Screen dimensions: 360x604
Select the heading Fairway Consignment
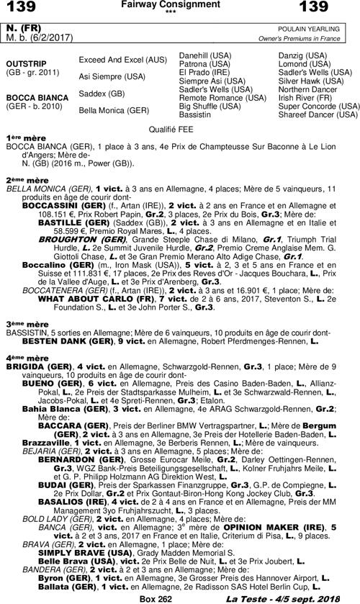point(180,5)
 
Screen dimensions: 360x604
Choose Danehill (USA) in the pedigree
point(204,55)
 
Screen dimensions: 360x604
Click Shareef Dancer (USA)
point(318,114)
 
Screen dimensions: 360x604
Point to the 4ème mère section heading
point(26,357)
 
